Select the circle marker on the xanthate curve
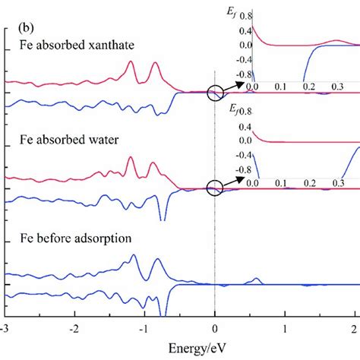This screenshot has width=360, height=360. pyautogui.click(x=215, y=93)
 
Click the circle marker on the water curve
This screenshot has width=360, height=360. pyautogui.click(x=215, y=187)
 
